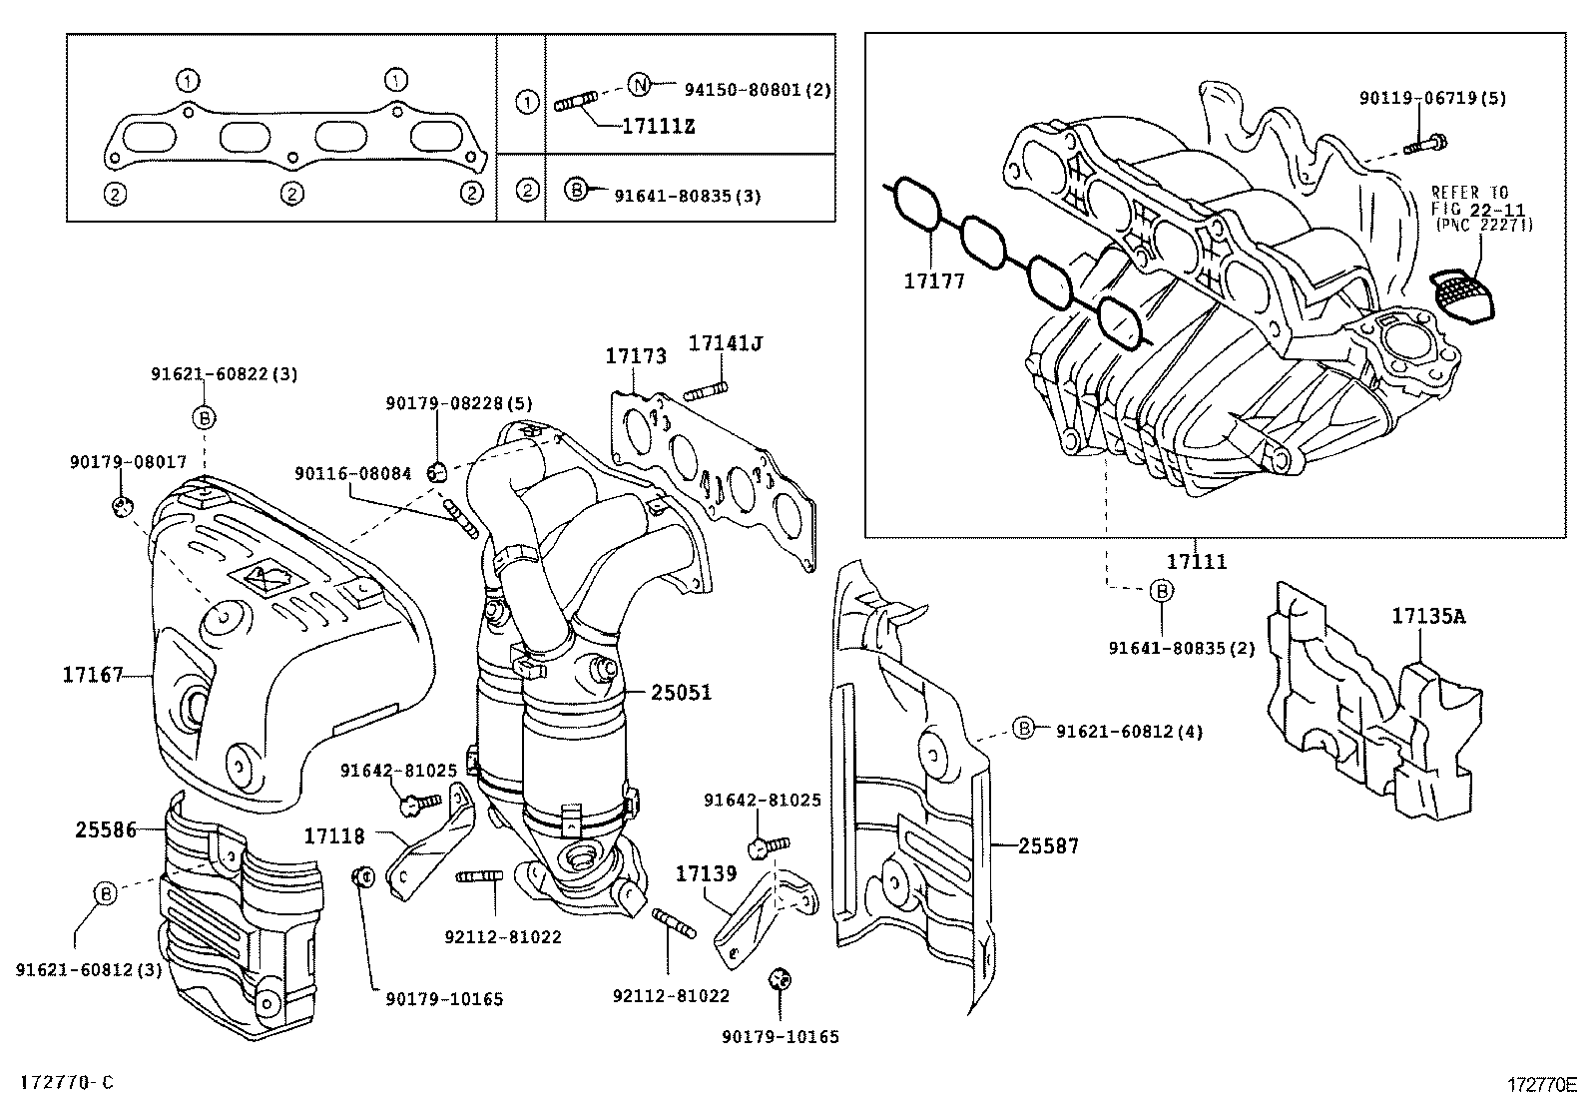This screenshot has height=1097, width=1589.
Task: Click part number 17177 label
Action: click(934, 282)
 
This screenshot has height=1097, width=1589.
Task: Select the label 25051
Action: click(682, 692)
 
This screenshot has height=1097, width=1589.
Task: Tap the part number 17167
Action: click(92, 676)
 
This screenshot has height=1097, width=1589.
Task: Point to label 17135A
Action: click(1428, 616)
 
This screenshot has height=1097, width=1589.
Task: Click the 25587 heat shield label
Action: click(1049, 846)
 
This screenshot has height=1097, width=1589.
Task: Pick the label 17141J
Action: click(726, 343)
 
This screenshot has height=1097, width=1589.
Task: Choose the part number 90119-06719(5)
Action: click(1432, 98)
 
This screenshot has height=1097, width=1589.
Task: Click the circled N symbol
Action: click(639, 84)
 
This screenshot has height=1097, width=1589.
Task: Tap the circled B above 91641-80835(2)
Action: click(1162, 592)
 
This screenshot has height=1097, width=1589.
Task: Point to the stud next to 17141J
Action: click(707, 389)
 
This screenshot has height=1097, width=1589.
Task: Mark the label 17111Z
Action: click(658, 127)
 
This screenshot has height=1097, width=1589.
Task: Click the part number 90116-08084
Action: click(352, 473)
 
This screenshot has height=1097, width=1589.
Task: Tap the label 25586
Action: click(105, 828)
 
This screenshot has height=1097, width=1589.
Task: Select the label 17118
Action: click(334, 835)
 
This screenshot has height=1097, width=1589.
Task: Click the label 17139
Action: click(706, 874)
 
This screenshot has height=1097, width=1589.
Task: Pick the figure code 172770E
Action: click(1541, 1084)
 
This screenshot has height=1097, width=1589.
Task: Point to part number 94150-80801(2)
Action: click(758, 89)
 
